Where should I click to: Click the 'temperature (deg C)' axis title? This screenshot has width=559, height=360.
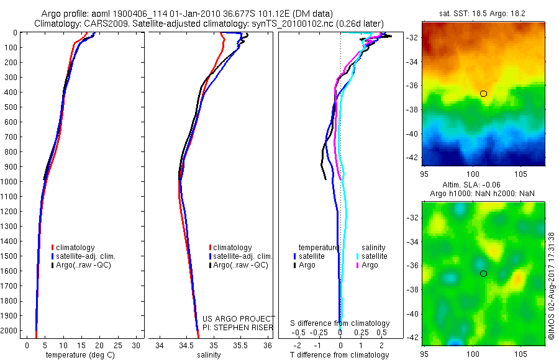78,355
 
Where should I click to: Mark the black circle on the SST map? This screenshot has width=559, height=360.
483,94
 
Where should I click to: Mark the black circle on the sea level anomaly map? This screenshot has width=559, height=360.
483,274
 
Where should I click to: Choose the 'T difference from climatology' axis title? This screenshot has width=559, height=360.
340,355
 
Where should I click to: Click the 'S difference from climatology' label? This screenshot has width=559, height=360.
340,323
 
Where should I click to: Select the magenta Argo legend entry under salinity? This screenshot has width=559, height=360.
370,265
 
